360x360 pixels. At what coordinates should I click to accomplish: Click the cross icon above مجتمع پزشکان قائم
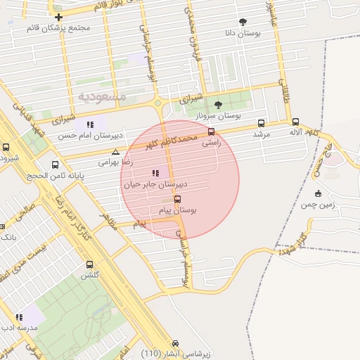(58, 17)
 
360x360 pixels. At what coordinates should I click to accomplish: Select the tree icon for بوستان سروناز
(217, 104)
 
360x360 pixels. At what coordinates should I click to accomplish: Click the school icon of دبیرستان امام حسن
(89, 124)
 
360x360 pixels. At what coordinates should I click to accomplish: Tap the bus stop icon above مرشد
(262, 122)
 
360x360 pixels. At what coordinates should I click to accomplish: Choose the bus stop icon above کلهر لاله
(295, 122)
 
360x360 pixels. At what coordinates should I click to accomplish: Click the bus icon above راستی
(211, 131)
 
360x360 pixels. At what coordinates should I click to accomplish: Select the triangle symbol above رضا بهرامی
(116, 151)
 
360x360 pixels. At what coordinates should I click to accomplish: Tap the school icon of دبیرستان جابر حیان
(155, 173)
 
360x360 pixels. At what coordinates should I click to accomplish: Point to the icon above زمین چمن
(319, 193)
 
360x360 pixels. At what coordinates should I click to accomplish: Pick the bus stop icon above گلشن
(89, 264)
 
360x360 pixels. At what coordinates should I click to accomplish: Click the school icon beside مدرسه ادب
(19, 317)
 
